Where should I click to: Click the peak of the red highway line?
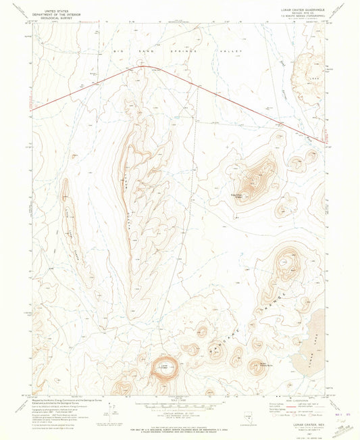143,66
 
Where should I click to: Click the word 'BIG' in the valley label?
116,51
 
